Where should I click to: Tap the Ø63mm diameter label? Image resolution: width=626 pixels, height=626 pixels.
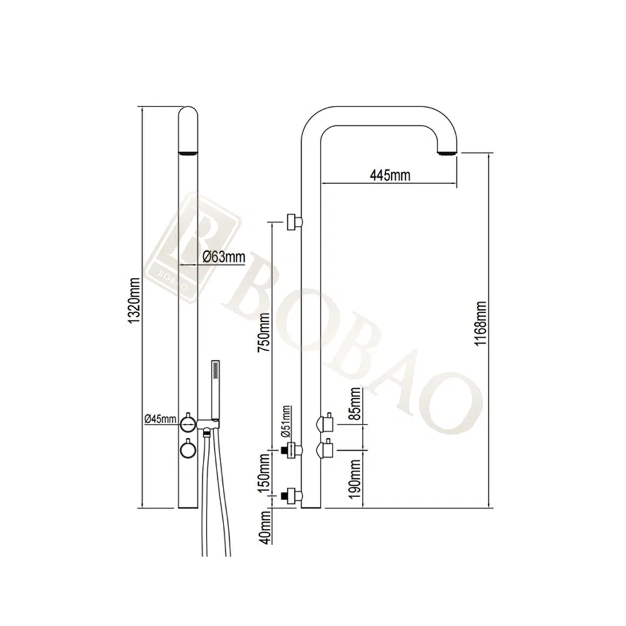223,257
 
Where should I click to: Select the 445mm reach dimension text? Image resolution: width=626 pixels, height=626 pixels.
390,175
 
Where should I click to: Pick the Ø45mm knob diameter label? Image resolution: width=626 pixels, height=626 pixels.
160,419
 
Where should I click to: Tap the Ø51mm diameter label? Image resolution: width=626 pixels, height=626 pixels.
286,421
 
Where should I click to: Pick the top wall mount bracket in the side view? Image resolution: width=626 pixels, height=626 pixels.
294,222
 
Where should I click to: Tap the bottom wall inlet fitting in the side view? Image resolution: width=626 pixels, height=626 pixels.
292,496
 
